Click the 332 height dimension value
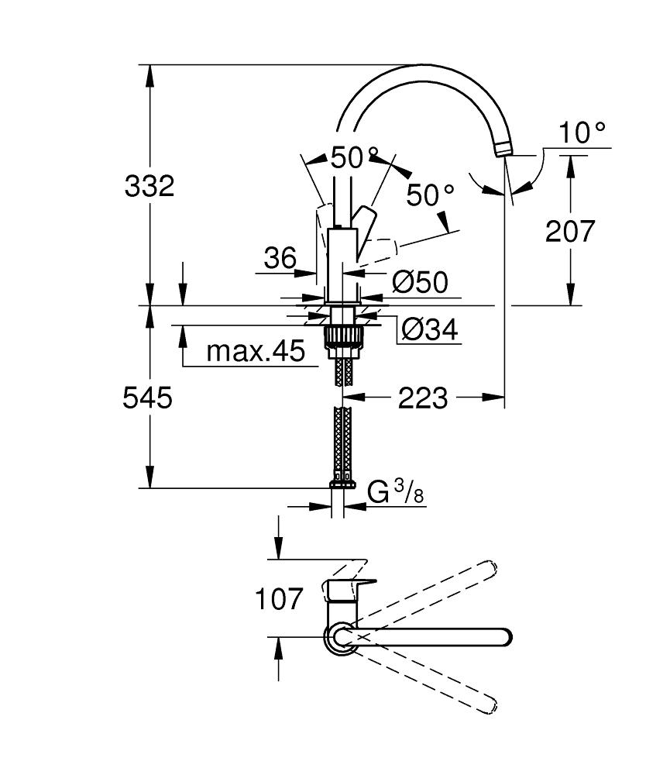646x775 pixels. click(149, 186)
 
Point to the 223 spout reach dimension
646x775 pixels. click(422, 398)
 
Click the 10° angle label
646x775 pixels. click(582, 133)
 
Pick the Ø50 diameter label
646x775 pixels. click(420, 282)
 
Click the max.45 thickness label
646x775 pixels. click(256, 353)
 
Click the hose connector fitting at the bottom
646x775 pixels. click(342, 481)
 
